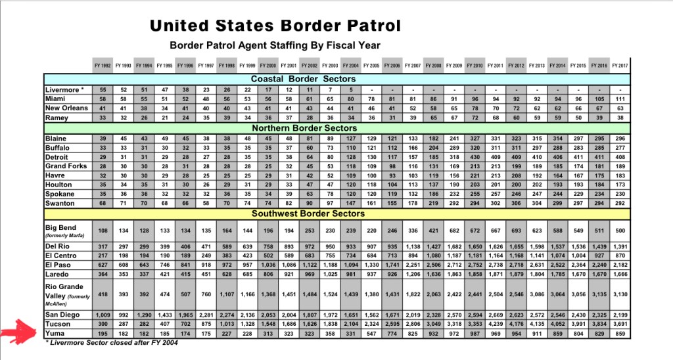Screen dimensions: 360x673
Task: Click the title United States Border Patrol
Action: click(275, 26)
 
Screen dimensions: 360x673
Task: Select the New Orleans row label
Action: click(66, 108)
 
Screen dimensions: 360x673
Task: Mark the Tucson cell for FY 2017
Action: click(619, 324)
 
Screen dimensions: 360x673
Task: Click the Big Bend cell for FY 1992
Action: click(102, 231)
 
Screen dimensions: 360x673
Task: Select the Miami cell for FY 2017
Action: click(619, 99)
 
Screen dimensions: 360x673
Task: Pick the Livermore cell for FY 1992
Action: click(102, 89)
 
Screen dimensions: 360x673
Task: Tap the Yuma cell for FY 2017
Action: click(619, 333)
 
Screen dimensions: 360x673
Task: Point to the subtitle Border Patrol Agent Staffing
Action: click(275, 45)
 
